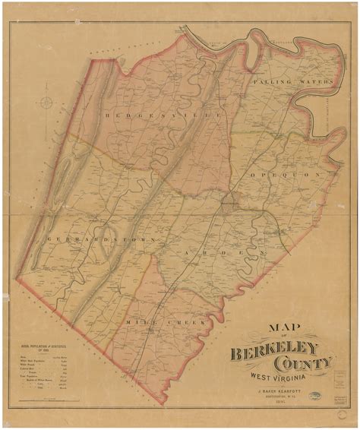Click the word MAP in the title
(x=282, y=329)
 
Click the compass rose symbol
(x=48, y=103)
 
